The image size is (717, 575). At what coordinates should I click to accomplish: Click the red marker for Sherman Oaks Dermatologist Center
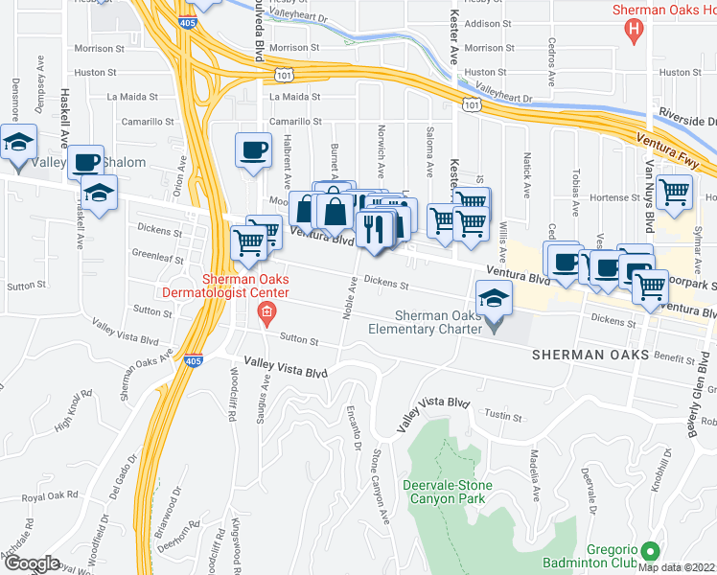[x=266, y=311]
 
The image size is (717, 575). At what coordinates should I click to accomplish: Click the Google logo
[x=31, y=563]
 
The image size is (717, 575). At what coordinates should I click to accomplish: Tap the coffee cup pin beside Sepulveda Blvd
[x=254, y=150]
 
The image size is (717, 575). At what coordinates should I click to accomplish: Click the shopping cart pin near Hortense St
[x=675, y=193]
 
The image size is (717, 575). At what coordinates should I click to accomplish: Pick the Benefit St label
[x=675, y=356]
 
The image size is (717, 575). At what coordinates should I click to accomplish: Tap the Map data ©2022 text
[x=677, y=567]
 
